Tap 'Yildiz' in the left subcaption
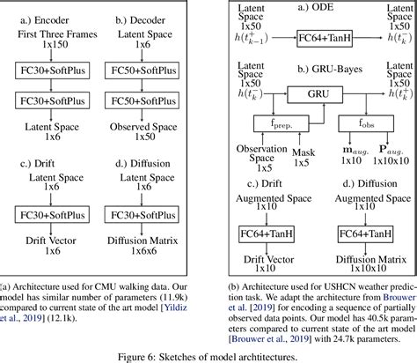(174, 312)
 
